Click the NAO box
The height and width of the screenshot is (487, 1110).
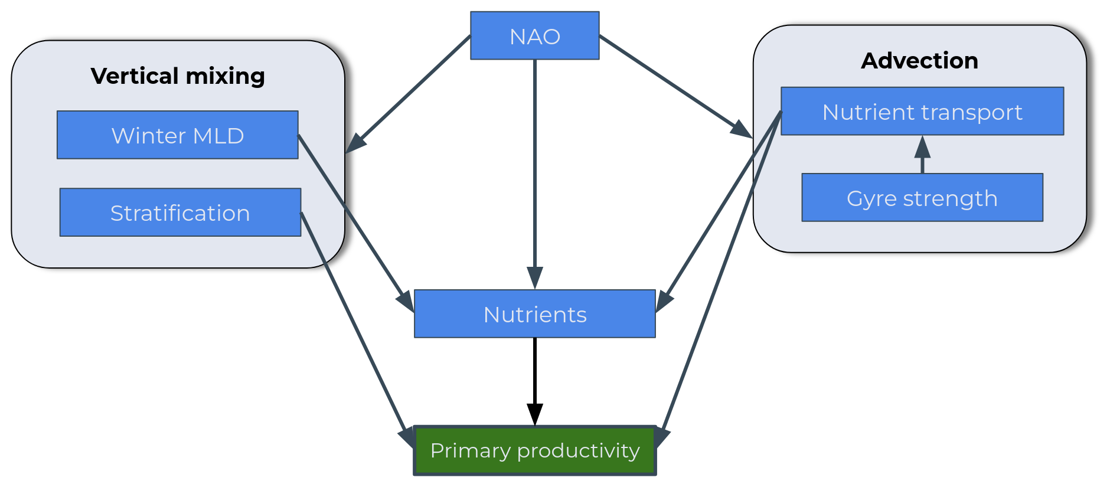(x=534, y=36)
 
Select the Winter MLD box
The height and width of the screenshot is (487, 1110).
(x=177, y=135)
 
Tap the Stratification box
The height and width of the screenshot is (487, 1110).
(x=180, y=213)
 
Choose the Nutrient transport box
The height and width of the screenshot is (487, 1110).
(x=922, y=112)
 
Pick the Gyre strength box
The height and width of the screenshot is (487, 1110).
(x=922, y=198)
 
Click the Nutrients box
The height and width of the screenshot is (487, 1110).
(x=534, y=314)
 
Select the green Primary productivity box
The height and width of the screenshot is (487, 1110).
(x=534, y=450)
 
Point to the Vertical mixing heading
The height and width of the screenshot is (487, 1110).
(x=178, y=76)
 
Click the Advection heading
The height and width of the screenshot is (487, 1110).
(x=919, y=60)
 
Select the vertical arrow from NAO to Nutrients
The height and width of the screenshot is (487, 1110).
(x=535, y=171)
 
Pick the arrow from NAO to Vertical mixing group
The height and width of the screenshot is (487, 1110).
(x=407, y=94)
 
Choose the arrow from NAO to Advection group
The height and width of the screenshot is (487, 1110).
(x=673, y=86)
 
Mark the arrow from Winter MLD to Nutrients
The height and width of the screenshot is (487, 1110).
(x=354, y=218)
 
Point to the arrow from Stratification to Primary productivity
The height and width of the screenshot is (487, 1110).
(x=354, y=325)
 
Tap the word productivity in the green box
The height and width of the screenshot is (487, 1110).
(x=578, y=451)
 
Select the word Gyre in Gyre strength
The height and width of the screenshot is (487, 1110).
(x=866, y=199)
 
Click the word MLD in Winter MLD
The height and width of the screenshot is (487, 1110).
(x=218, y=136)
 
